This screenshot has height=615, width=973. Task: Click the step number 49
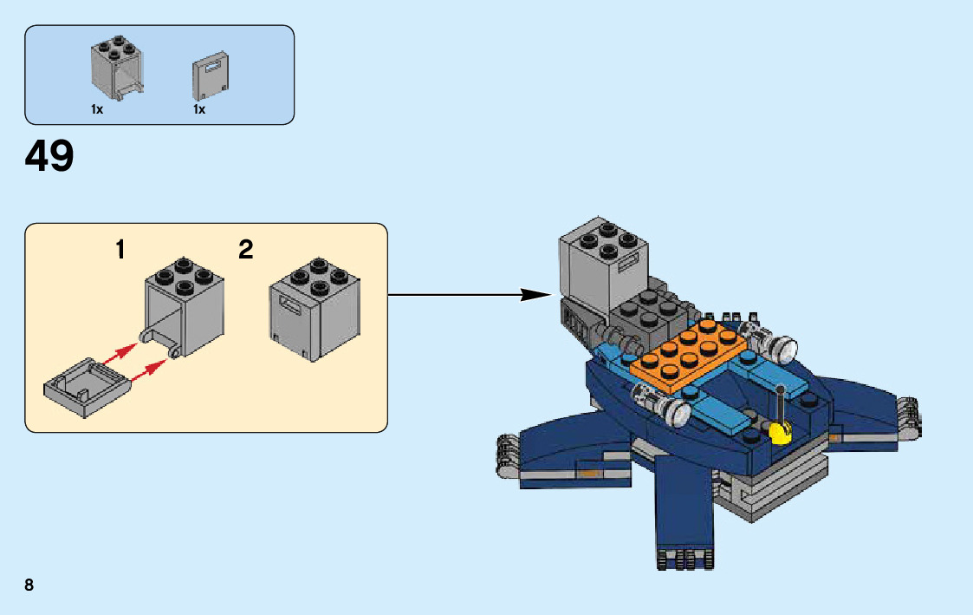point(49,156)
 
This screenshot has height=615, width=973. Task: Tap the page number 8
point(29,585)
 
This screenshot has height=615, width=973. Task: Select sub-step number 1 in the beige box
point(120,250)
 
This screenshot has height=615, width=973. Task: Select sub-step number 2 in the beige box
point(246,250)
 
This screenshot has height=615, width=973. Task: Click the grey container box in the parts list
point(117,68)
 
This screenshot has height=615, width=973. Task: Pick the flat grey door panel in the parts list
point(211,77)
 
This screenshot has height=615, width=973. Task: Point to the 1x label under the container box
point(97,109)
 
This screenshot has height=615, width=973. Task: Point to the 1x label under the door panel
point(199,109)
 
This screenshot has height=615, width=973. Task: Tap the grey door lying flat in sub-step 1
point(88,388)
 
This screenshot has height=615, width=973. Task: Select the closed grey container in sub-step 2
point(315,310)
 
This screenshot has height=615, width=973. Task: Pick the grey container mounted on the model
point(604,265)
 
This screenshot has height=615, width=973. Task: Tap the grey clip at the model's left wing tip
point(508,455)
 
